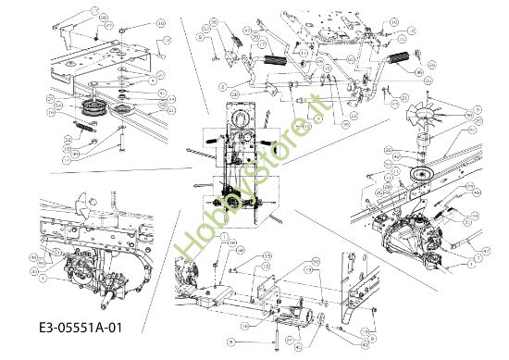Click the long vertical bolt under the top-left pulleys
[120, 139]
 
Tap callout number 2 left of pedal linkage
[223, 87]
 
